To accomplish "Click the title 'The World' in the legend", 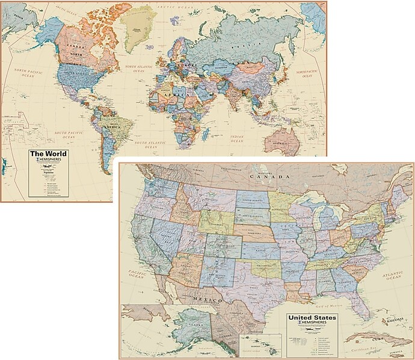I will (x=49, y=154).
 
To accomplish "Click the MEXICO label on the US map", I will (x=205, y=299).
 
